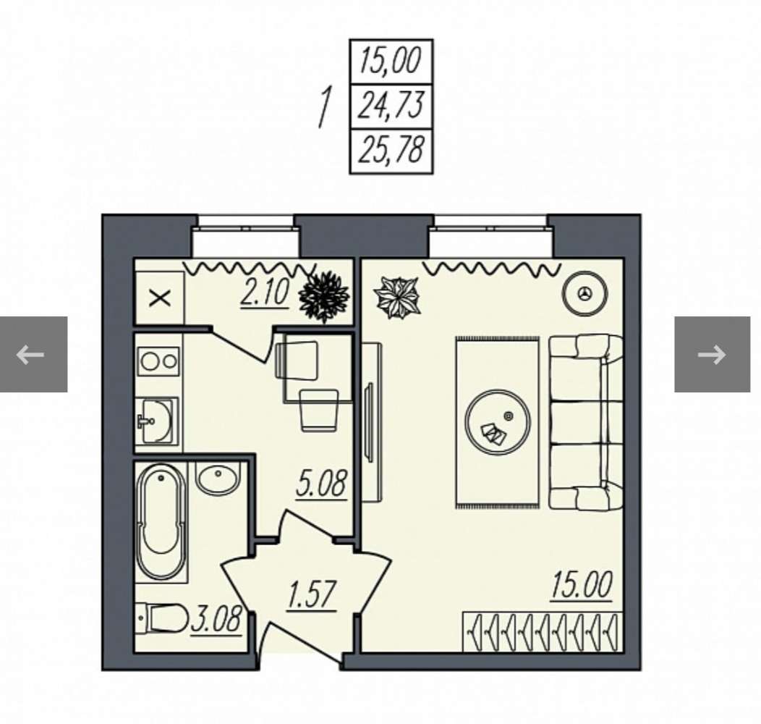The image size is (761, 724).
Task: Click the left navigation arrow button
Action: [33, 354]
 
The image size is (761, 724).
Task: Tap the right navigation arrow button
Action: [712, 354]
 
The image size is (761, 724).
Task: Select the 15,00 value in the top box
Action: [391, 62]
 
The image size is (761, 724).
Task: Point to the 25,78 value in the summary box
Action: [391, 149]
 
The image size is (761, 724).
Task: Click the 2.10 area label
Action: [265, 293]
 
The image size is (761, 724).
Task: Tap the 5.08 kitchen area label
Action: [322, 484]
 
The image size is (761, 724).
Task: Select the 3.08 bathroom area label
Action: [216, 620]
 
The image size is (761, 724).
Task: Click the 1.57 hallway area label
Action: [312, 595]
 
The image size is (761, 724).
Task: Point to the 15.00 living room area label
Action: [581, 586]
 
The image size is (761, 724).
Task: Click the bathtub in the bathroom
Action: [161, 522]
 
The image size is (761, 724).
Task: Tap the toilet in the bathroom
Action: [161, 618]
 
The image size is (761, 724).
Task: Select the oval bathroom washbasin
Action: [218, 478]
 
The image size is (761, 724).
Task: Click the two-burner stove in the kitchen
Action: [158, 361]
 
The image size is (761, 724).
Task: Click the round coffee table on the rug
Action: [497, 422]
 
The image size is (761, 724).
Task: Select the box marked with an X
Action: [160, 298]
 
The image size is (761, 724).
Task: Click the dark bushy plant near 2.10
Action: [324, 297]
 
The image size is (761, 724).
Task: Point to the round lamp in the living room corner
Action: [584, 293]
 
